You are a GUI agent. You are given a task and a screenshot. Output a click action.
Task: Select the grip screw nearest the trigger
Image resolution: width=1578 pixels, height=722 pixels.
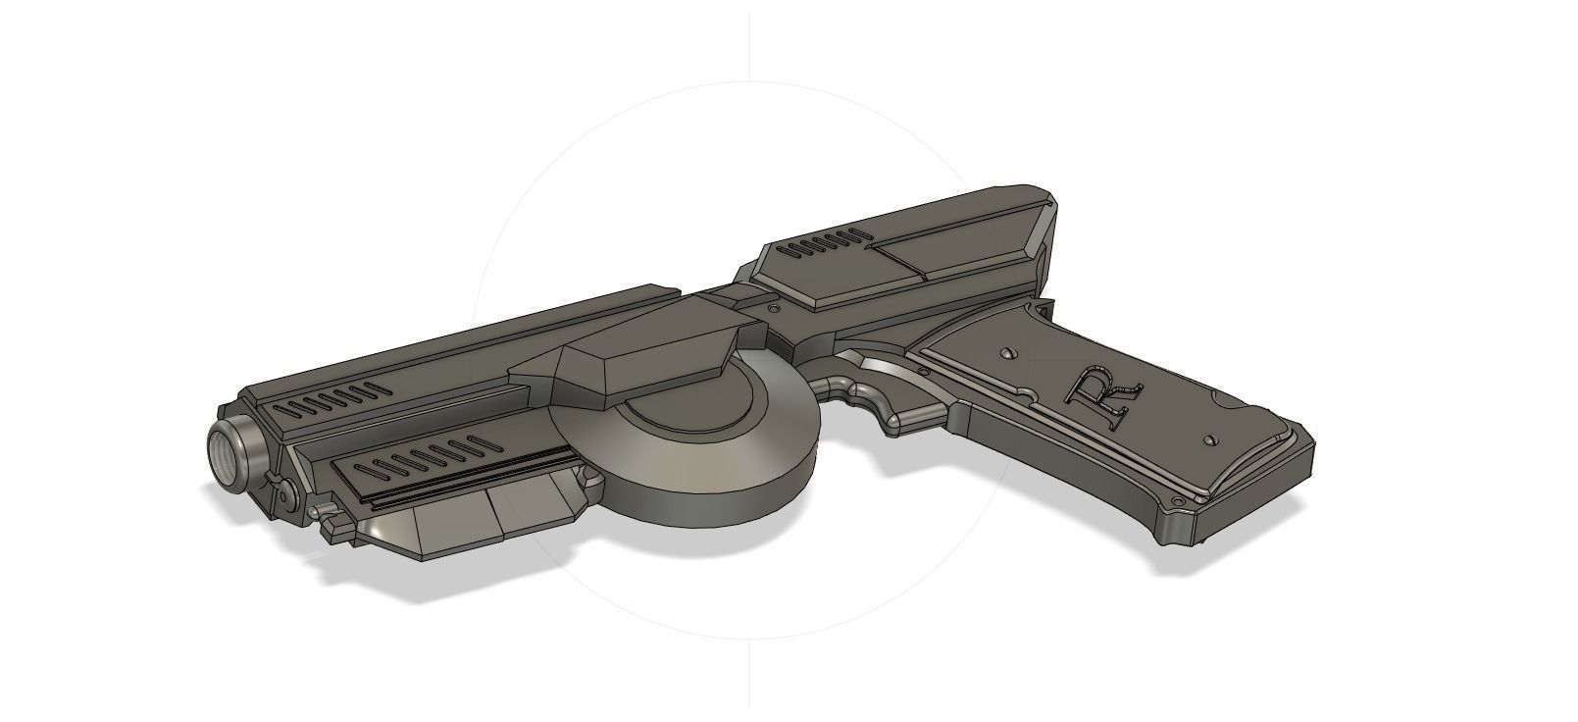[x=1007, y=350]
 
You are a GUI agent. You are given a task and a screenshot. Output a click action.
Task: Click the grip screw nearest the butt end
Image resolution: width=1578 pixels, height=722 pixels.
[x=1208, y=438]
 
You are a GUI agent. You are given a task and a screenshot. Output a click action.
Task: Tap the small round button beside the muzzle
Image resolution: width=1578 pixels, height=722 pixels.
[x=278, y=488]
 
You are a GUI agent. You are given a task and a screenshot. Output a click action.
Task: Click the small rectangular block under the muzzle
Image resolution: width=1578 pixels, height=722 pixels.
[x=336, y=527]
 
